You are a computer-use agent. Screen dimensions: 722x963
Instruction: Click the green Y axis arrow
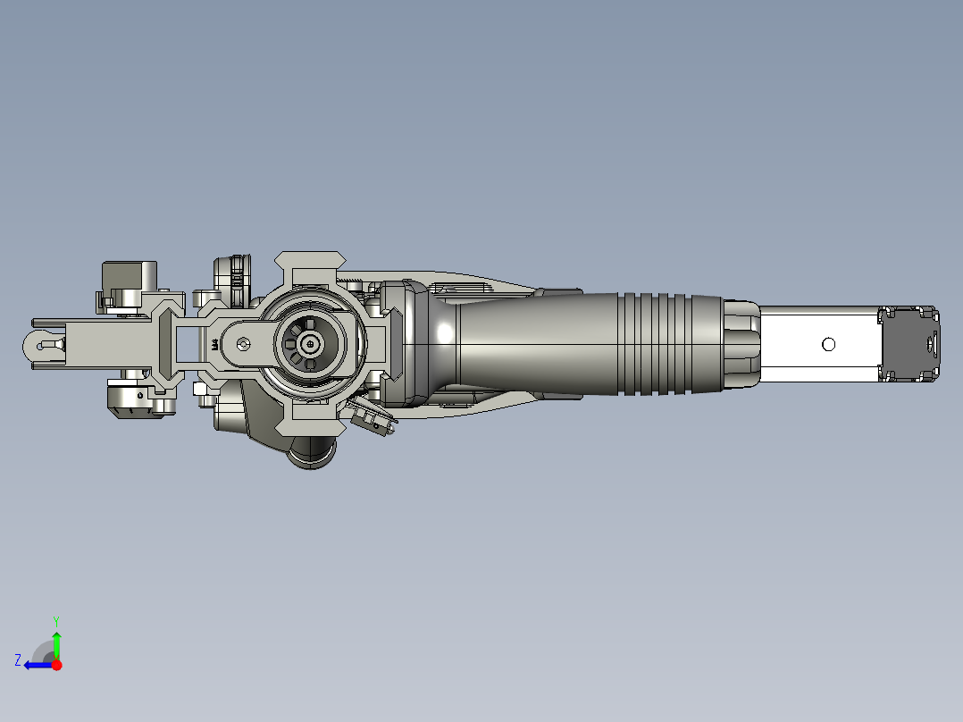point(56,642)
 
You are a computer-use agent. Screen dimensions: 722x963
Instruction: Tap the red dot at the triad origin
point(57,665)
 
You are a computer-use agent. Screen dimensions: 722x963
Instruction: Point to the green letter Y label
point(55,619)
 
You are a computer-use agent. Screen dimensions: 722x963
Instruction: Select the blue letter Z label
point(18,660)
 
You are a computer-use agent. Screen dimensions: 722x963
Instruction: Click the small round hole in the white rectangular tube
point(828,344)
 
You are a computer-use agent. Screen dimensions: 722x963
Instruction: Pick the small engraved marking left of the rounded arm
point(214,343)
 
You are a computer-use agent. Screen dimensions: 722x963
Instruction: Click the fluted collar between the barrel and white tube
point(741,344)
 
